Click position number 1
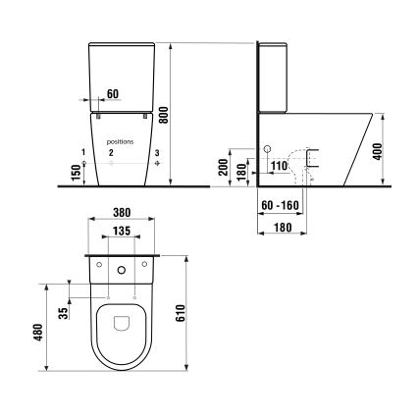(x=84, y=152)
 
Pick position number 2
(x=112, y=153)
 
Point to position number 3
(x=156, y=153)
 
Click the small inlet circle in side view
(x=266, y=150)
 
